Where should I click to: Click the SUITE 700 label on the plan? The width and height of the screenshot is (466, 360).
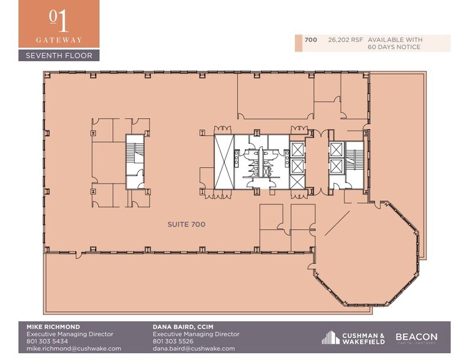click(x=186, y=225)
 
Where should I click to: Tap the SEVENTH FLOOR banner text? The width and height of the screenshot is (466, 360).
click(x=59, y=56)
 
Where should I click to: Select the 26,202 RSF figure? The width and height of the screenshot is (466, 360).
click(x=341, y=40)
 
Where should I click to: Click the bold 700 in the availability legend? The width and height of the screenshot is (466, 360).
click(x=310, y=40)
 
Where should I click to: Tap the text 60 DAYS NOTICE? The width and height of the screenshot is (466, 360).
click(x=394, y=47)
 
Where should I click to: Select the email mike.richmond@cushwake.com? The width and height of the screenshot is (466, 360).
click(x=73, y=348)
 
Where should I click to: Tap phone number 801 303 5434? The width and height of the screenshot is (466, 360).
click(x=48, y=341)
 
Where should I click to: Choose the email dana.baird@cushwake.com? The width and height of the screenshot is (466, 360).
click(x=194, y=348)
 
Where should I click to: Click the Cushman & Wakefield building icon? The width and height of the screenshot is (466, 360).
click(x=330, y=337)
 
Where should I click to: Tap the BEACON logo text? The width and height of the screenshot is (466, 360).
click(x=416, y=337)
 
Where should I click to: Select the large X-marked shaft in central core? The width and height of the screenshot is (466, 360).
click(x=223, y=160)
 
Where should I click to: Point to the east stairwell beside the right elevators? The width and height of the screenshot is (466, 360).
click(x=354, y=160)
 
